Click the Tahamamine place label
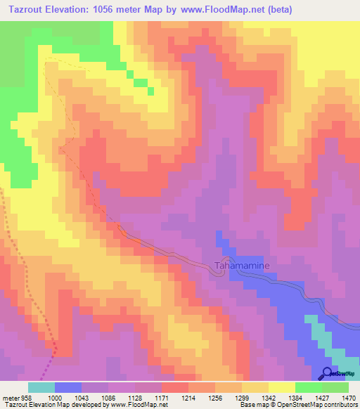pyautogui.click(x=236, y=266)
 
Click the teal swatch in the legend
pyautogui.click(x=41, y=387)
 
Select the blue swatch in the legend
pyautogui.click(x=68, y=387)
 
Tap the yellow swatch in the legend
pyautogui.click(x=282, y=387)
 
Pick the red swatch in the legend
pyautogui.click(x=175, y=387)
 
